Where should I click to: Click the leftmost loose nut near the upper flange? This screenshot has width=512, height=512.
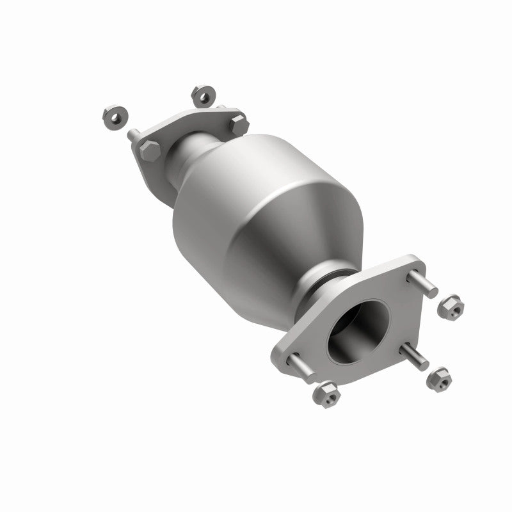[115, 116]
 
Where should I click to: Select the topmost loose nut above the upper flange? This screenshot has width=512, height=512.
[203, 96]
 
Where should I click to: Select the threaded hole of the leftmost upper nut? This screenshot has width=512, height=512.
[115, 116]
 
